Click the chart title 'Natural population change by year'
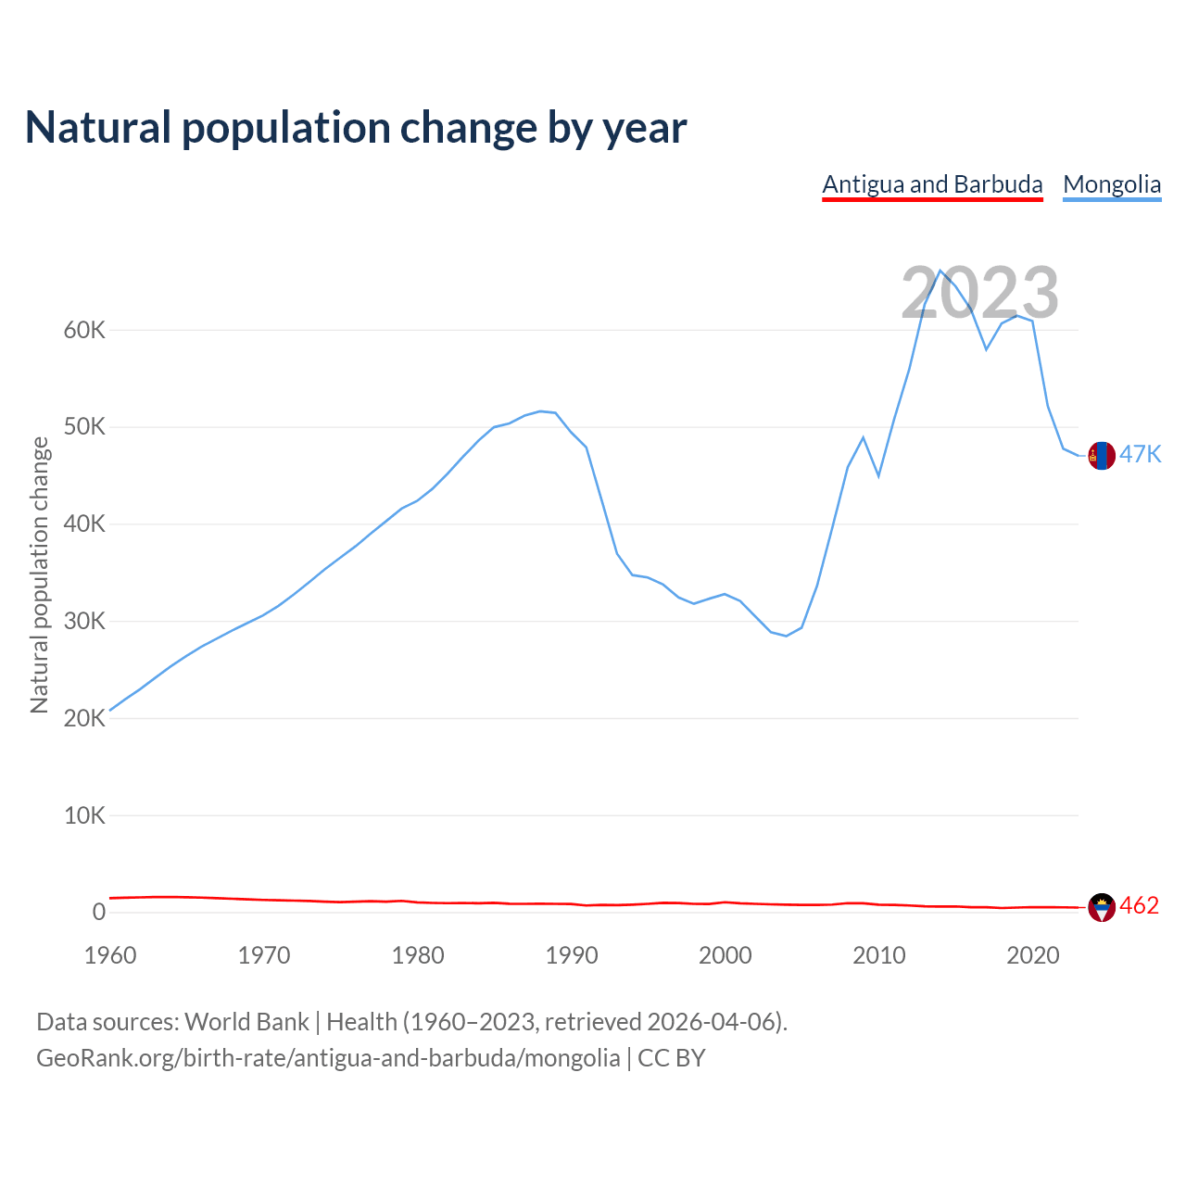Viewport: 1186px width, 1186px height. (356, 128)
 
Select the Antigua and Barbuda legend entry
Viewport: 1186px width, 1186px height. (932, 184)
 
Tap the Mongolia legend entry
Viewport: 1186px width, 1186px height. (1112, 184)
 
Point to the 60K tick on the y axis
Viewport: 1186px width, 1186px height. (85, 330)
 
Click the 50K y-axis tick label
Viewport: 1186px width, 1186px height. (85, 427)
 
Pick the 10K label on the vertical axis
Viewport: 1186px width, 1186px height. (85, 815)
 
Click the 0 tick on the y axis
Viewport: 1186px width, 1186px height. (99, 913)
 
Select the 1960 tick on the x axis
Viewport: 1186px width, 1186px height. (110, 955)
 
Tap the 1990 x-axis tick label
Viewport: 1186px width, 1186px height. (572, 955)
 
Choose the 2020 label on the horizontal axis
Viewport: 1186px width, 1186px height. (1032, 955)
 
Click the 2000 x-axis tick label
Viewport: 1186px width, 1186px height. (725, 955)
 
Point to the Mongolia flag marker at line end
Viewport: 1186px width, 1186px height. (1102, 455)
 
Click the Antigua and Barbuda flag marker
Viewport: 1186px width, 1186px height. (1102, 907)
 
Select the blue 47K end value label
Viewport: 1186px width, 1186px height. (1141, 454)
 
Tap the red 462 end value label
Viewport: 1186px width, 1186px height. (1140, 905)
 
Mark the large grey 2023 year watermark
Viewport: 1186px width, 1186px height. (979, 293)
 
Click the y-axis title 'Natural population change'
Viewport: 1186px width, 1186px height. (40, 574)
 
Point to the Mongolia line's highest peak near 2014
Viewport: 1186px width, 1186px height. (940, 271)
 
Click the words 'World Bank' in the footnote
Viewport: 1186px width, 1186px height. (246, 1022)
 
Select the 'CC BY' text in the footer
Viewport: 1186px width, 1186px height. (672, 1058)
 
